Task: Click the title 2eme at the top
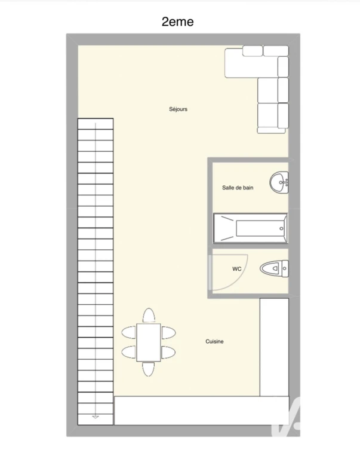pos(177,22)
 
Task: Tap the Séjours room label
pos(178,109)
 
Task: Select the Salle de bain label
pos(238,188)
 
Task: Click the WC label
pos(237,269)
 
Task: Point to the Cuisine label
pos(214,341)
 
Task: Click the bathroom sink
pos(279,182)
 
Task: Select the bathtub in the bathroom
pos(250,228)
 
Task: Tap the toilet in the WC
pos(274,268)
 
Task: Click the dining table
pos(149,342)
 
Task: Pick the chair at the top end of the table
pos(149,316)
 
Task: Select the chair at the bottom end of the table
pos(148,369)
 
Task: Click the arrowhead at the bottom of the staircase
pos(96,417)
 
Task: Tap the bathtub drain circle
pos(281,229)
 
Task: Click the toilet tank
pos(285,268)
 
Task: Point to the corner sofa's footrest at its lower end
pos(272,130)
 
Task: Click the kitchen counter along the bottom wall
pos(202,411)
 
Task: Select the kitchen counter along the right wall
pos(274,347)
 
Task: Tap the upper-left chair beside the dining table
pos(129,333)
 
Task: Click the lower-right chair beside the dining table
pos(168,352)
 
